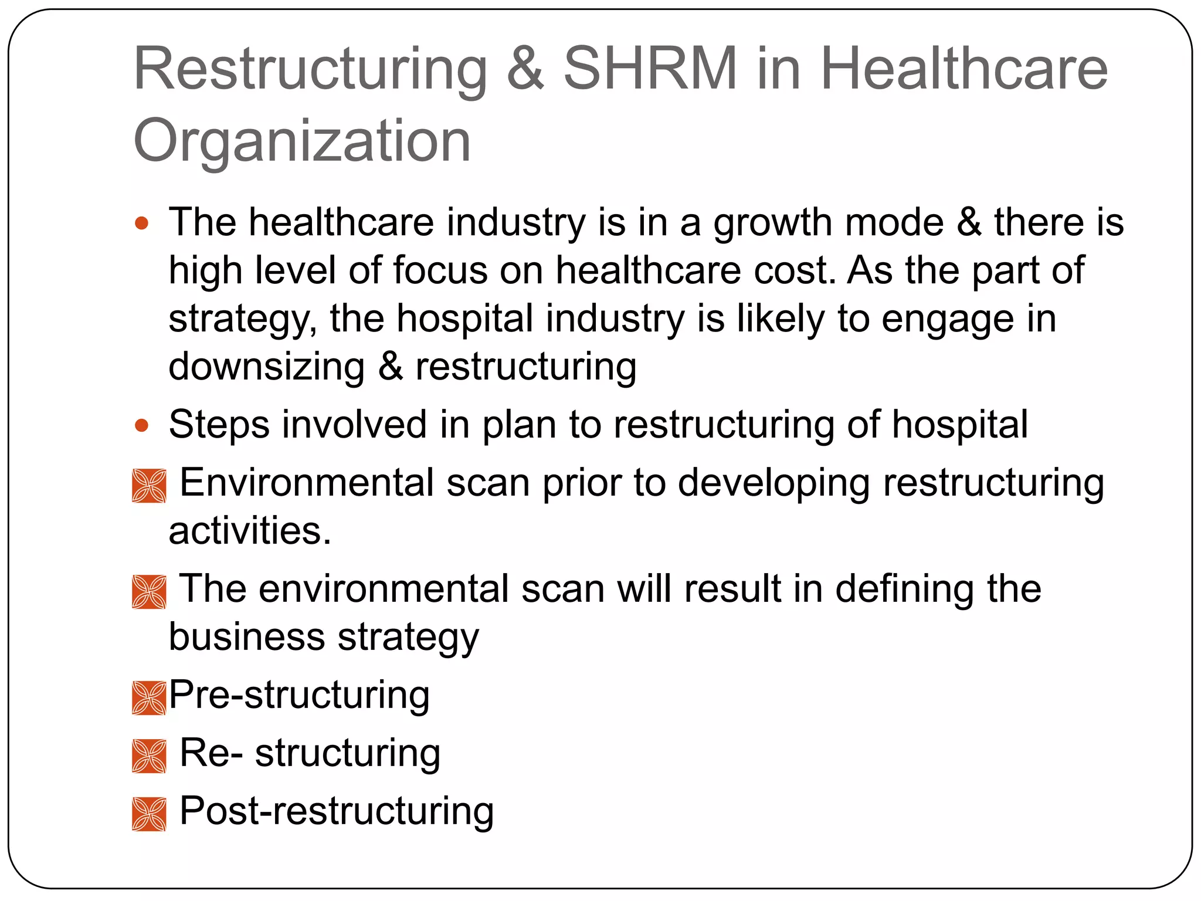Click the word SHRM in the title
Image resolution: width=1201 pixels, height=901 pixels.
[x=650, y=69]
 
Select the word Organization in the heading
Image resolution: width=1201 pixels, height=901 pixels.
[x=302, y=141]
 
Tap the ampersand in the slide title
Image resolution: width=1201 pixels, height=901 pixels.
[x=525, y=69]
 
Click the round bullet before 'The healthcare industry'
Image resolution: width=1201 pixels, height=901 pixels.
[x=142, y=223]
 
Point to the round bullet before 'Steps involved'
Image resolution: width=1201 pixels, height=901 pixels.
[x=142, y=425]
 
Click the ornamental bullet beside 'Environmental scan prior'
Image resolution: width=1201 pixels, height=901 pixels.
[x=149, y=486]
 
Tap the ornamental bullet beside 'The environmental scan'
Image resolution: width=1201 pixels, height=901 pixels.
[x=149, y=592]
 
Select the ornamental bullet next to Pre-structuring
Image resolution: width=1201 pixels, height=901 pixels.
[x=149, y=697]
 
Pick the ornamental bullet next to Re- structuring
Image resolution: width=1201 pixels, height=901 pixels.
[x=149, y=756]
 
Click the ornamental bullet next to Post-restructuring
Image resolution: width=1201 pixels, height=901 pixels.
[x=149, y=814]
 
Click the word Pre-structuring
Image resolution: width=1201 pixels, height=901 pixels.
[x=300, y=696]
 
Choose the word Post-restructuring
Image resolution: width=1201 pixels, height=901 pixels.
[x=337, y=812]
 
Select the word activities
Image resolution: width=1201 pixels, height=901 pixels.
[x=250, y=531]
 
